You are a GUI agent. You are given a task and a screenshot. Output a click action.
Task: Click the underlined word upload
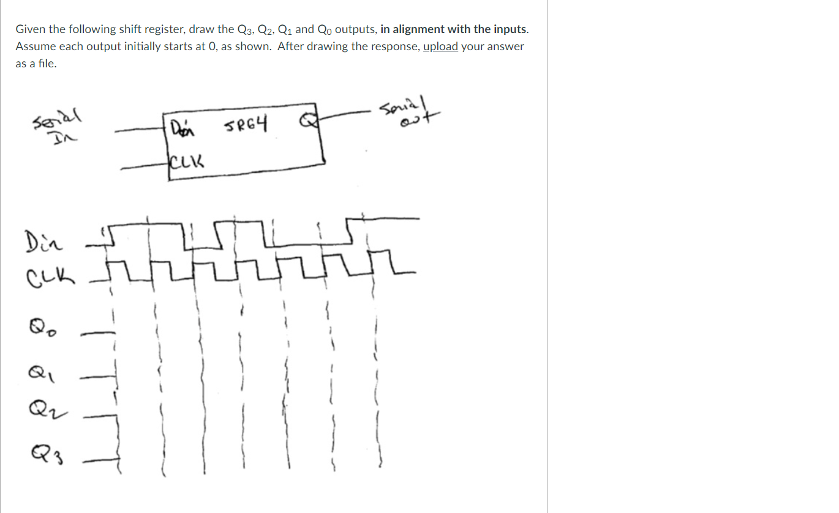440,47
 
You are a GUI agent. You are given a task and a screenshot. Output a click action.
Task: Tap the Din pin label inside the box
181,130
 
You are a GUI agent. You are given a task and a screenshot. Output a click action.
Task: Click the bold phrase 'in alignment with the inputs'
453,29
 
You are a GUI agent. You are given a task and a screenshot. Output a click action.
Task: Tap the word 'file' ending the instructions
47,64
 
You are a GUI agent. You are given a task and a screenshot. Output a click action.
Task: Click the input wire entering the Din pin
138,130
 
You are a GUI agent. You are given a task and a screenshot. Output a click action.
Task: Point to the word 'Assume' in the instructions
36,47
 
